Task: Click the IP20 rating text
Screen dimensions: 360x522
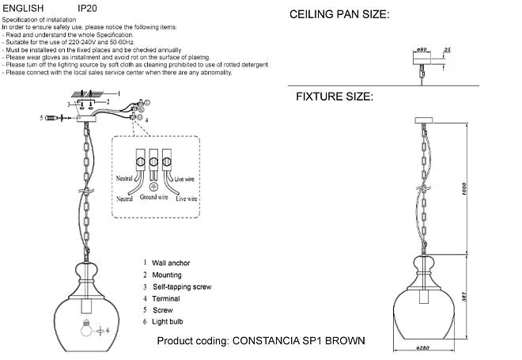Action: click(89, 7)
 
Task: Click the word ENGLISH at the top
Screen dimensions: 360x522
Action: click(24, 7)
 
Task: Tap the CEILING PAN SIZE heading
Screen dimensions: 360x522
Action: click(340, 15)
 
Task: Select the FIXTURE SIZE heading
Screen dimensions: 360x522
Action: click(334, 97)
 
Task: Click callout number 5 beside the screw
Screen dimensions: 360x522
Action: click(40, 118)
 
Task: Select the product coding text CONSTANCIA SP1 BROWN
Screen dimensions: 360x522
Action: click(262, 341)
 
